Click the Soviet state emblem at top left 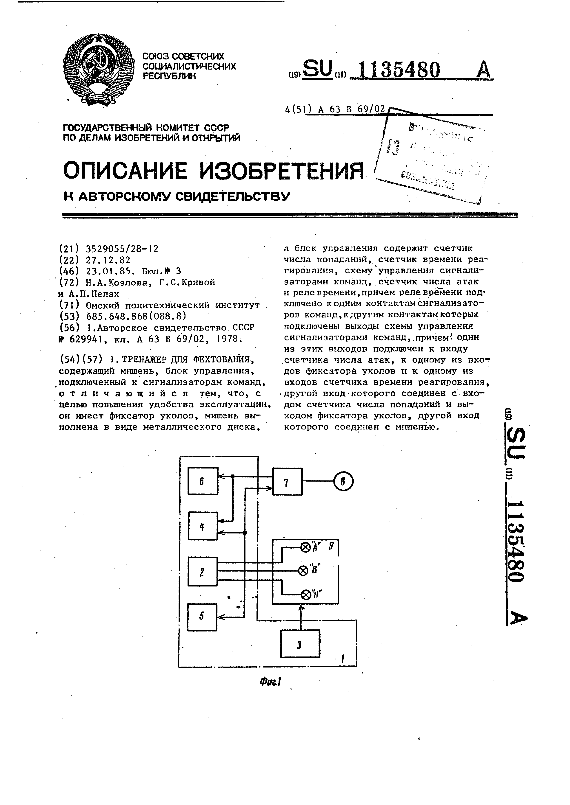pyautogui.click(x=99, y=69)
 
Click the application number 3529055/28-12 pyautogui.click(x=122, y=249)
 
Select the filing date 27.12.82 pyautogui.click(x=108, y=260)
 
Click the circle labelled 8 pyautogui.click(x=343, y=482)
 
